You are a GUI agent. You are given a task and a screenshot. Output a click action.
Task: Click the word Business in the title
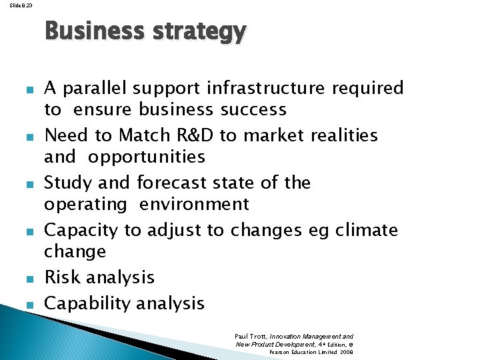tap(95, 31)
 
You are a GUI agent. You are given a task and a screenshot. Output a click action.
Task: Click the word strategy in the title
tap(199, 31)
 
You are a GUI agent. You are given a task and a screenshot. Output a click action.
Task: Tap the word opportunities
tap(147, 157)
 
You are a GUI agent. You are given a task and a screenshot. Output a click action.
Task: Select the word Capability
tap(84, 303)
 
